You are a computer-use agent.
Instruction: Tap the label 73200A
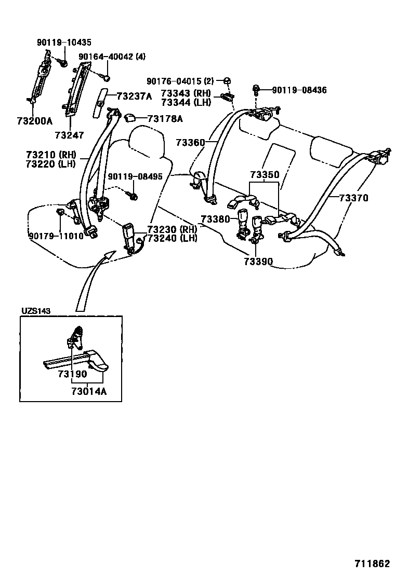pos(34,121)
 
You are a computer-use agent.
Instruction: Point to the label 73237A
pos(134,96)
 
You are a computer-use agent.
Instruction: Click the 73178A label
pos(165,119)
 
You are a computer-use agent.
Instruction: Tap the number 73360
pos(191,142)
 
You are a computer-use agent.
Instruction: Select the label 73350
pos(264,174)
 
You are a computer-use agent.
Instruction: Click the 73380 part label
pos(216,219)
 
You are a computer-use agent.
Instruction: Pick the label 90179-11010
pos(56,235)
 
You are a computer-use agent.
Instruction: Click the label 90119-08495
pos(135,176)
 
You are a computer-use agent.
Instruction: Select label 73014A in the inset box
pos(89,391)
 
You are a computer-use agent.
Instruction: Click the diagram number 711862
pos(373,564)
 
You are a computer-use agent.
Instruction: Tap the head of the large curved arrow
pos(110,254)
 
